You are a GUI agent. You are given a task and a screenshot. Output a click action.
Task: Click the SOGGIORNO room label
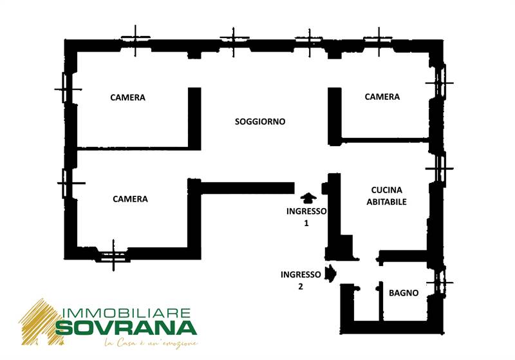coord(260,122)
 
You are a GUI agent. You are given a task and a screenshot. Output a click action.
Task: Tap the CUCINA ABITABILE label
coord(386,196)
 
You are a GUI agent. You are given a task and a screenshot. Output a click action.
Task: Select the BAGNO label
coord(404,293)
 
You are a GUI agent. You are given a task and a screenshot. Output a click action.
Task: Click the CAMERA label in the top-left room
coord(127,98)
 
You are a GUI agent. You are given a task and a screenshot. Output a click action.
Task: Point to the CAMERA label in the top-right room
coord(382,97)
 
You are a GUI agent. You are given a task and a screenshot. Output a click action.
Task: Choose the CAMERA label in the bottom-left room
coord(130,199)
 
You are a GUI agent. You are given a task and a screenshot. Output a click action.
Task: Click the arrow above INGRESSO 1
coord(307,198)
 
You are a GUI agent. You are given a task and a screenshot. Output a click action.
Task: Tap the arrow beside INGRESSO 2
coord(331,274)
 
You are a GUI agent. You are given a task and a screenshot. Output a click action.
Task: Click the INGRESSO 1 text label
coord(306,217)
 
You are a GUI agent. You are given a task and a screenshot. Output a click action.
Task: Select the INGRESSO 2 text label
coord(301,280)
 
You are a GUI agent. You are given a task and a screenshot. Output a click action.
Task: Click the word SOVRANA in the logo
coord(125,328)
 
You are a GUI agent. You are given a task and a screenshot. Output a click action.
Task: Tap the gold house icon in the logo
coord(39,322)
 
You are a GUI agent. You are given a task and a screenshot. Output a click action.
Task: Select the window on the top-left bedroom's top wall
coord(136,41)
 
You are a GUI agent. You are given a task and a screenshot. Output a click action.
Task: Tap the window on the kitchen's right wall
coord(440,168)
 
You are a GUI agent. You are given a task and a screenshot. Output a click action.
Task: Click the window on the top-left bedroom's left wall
coord(67,88)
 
